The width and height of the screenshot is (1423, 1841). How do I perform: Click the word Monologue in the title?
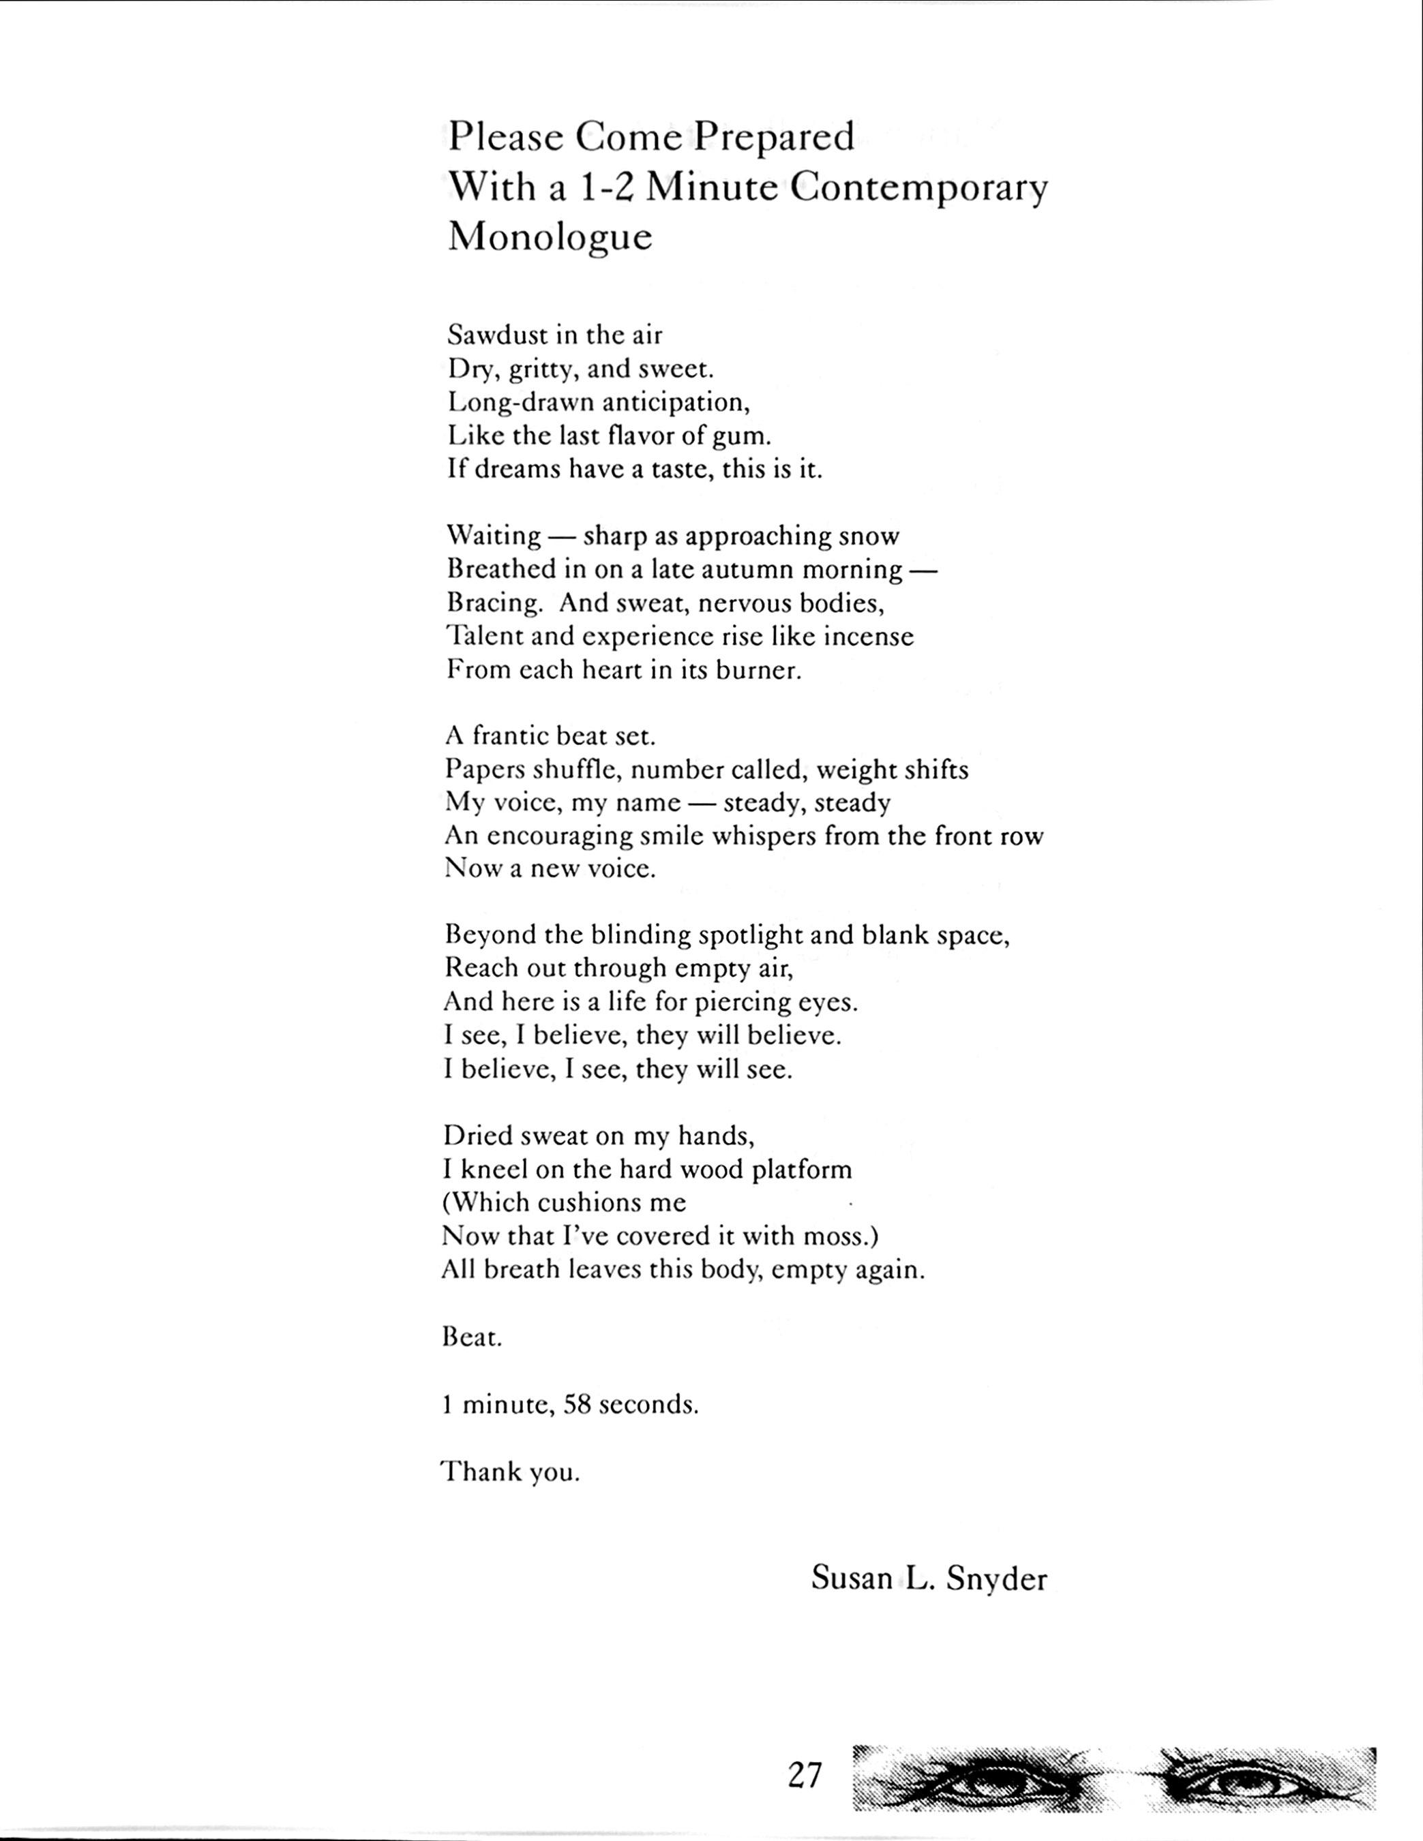point(550,238)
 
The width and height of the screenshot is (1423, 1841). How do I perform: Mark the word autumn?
point(749,570)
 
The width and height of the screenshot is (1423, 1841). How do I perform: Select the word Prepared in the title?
point(773,136)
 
